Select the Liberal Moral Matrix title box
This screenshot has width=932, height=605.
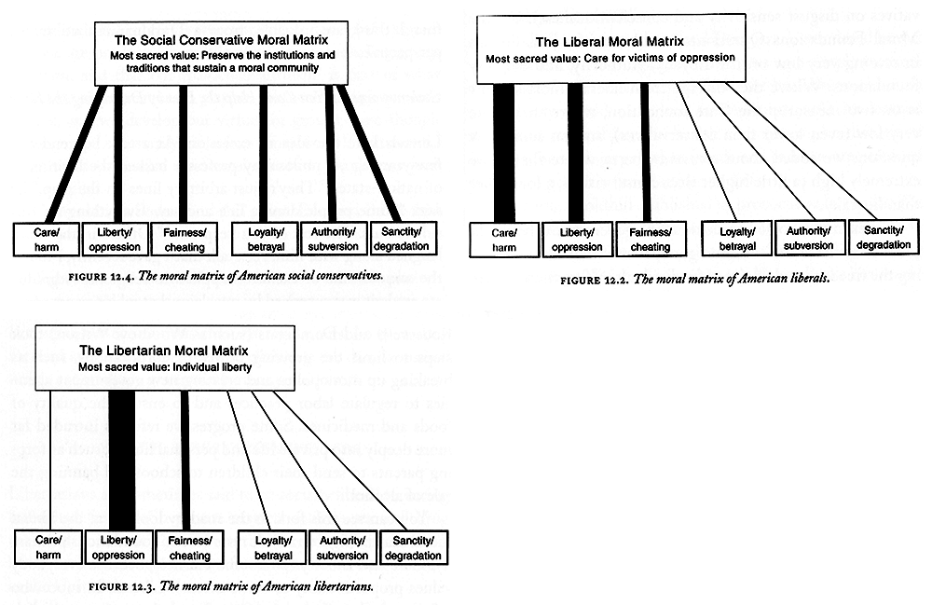pos(610,48)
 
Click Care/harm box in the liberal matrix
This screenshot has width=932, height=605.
pos(504,241)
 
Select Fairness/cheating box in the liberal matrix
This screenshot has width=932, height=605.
pos(650,241)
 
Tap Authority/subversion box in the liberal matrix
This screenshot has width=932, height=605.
pos(807,239)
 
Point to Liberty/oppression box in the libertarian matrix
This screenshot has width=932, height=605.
pos(117,549)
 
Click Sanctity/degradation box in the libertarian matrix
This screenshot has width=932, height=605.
pos(412,549)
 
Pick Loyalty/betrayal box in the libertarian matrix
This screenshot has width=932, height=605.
pos(273,549)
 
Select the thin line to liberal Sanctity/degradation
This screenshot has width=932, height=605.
pos(801,149)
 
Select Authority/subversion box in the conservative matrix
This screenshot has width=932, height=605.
pos(334,240)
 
